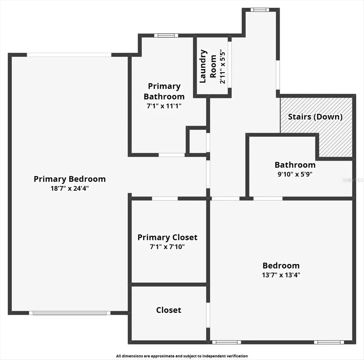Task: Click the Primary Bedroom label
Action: tap(70, 179)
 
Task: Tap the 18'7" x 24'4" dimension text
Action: tap(70, 188)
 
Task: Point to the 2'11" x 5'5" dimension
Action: tap(223, 66)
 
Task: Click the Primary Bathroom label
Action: tap(164, 91)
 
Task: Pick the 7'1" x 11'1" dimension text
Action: tap(164, 106)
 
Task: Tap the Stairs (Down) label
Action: tap(315, 117)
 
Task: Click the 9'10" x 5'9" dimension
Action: tap(295, 174)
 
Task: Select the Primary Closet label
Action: tap(167, 237)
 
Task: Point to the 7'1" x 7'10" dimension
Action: tap(167, 247)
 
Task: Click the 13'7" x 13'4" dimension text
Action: tap(281, 275)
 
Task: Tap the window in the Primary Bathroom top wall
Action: tap(168, 35)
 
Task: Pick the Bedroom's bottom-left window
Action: tap(221, 342)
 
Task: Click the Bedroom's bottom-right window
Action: tap(328, 342)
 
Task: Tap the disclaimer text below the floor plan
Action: tap(182, 356)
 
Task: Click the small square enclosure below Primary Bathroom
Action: tap(197, 141)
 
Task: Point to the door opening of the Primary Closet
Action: tap(165, 198)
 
